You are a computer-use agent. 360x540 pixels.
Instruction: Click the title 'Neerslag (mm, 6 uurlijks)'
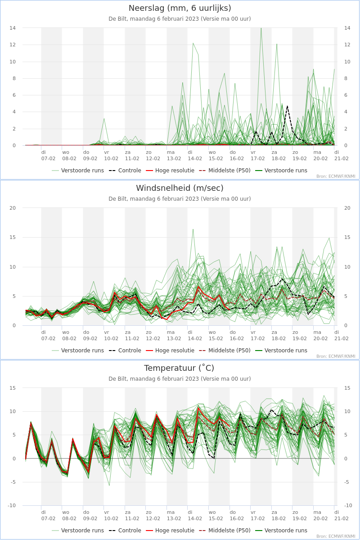180,8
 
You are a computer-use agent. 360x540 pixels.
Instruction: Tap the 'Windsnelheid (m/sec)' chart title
180,188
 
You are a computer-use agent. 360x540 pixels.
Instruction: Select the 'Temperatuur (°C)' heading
179,368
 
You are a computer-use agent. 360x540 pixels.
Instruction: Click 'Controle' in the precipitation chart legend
130,171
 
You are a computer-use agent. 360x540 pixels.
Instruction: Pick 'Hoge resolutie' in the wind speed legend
175,351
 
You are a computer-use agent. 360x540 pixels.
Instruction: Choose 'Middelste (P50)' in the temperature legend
229,531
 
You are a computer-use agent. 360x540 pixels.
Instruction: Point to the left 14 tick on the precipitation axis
13,28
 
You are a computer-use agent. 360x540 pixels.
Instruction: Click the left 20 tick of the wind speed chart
13,208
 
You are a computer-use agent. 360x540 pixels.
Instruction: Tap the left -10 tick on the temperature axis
12,505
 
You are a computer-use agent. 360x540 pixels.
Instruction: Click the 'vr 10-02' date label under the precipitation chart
111,156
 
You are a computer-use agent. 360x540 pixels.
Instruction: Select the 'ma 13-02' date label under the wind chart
174,335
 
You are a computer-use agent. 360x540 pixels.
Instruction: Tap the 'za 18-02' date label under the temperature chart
279,515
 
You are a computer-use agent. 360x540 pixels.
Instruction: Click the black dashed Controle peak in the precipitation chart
287,106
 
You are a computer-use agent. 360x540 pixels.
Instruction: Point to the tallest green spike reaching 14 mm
261,28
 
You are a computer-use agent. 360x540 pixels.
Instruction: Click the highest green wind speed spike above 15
193,229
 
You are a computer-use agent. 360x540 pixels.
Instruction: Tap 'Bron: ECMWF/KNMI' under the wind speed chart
336,356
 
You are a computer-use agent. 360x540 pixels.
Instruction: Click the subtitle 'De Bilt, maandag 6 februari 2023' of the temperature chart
153,379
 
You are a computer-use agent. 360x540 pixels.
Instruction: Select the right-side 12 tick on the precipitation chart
347,45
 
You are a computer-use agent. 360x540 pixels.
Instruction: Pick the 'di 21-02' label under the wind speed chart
341,335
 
